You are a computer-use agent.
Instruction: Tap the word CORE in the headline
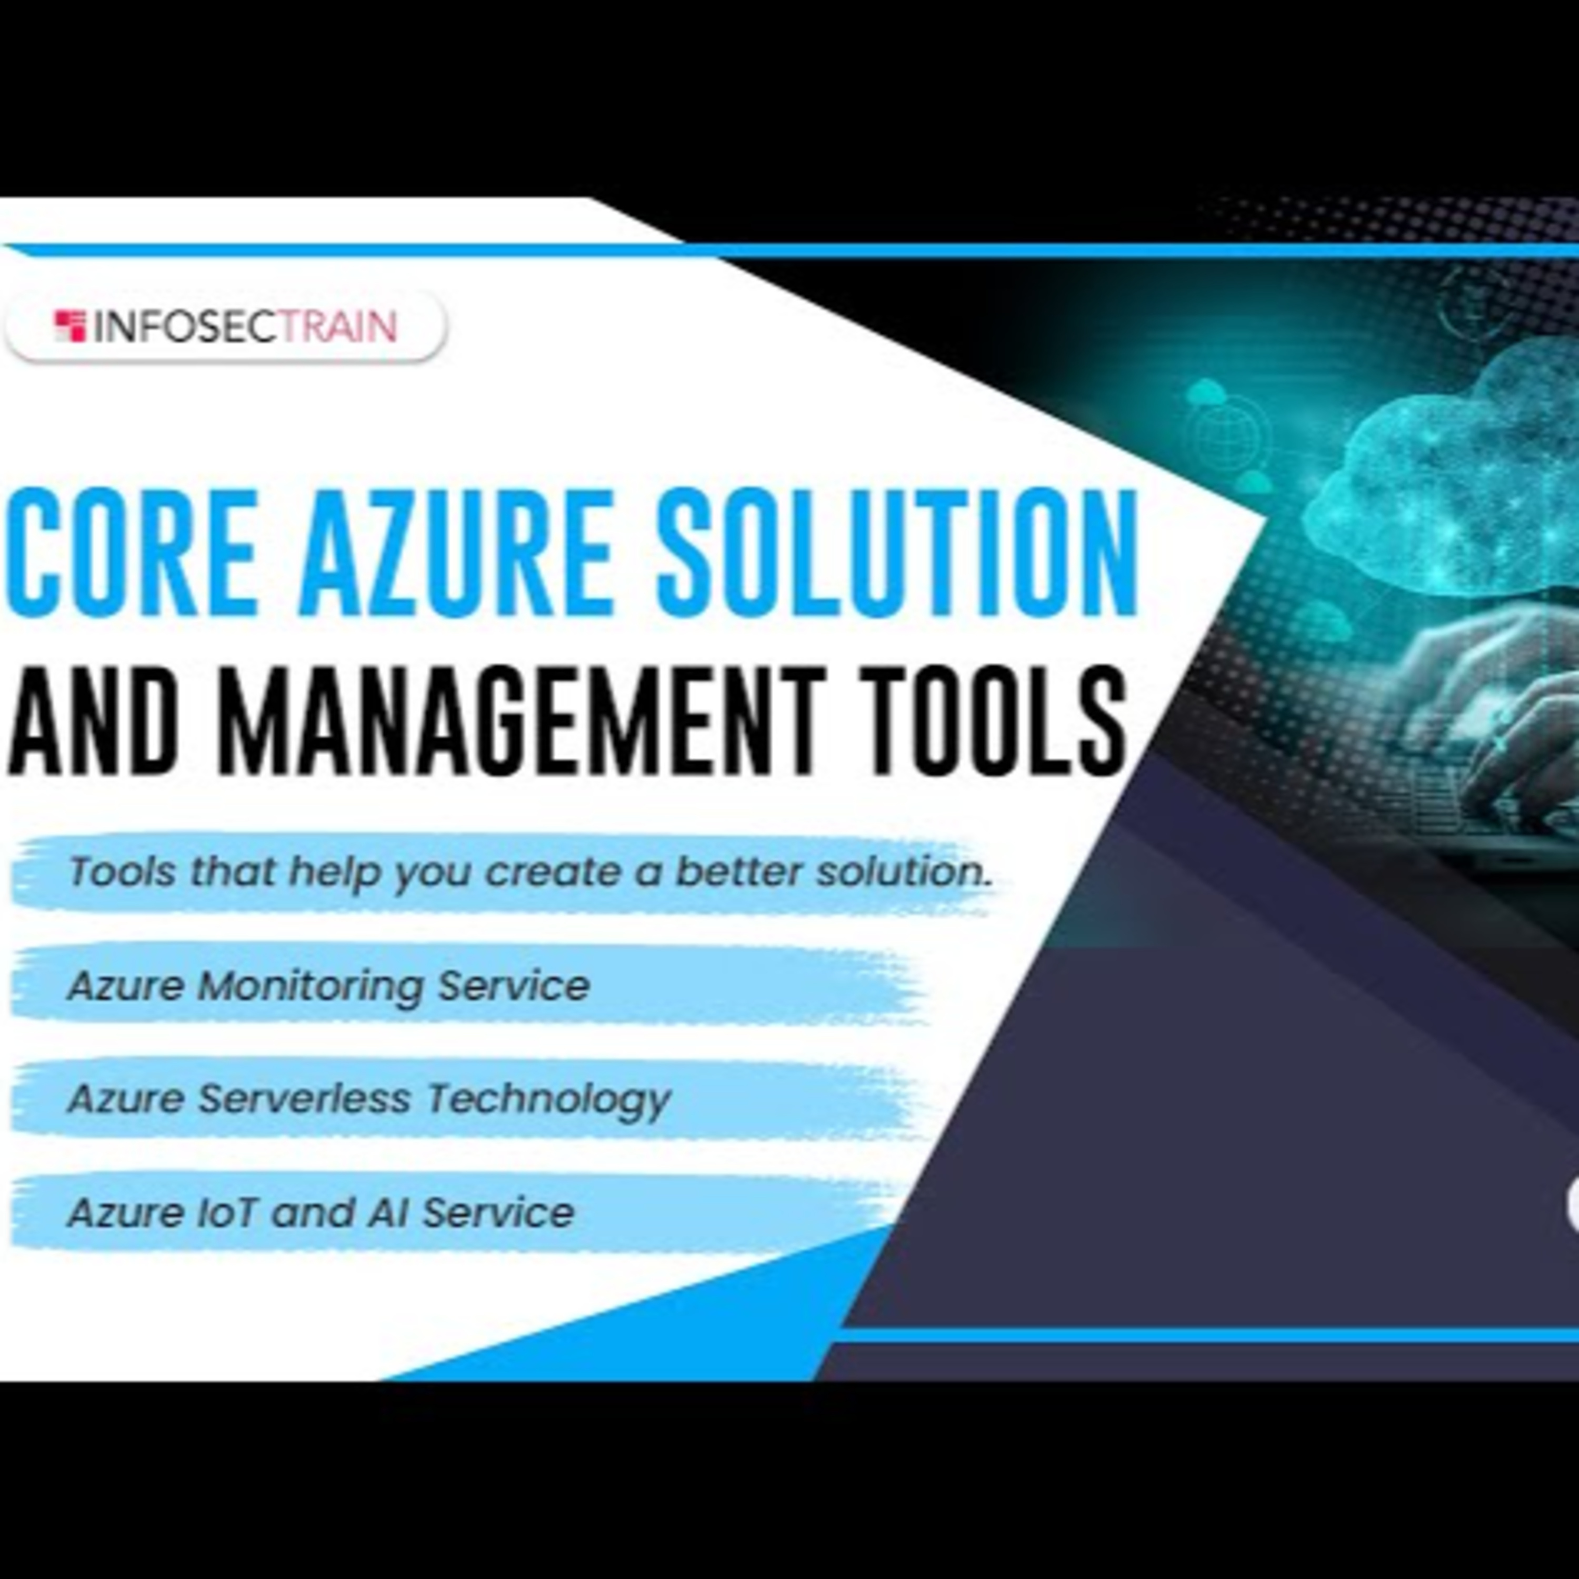click(131, 553)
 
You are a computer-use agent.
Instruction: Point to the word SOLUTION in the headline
click(899, 553)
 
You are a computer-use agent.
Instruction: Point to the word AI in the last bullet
click(386, 1212)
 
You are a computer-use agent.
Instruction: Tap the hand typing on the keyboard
click(1504, 719)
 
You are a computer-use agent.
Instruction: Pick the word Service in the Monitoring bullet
click(513, 986)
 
